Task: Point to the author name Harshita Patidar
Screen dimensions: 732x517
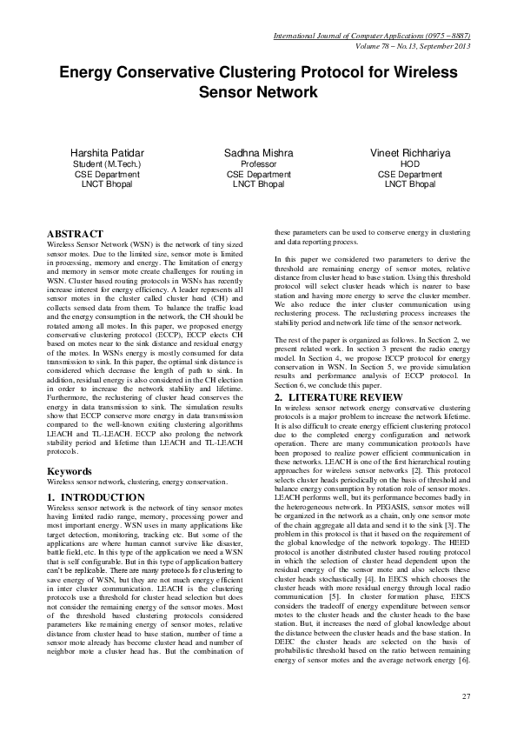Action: pos(108,153)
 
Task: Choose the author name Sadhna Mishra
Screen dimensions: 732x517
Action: pos(258,153)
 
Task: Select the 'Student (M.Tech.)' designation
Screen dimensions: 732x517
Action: pos(108,163)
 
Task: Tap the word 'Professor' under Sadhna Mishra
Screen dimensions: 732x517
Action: pos(258,163)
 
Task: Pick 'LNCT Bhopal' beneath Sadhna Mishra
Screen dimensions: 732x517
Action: pos(258,184)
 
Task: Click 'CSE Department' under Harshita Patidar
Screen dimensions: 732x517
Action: pos(108,174)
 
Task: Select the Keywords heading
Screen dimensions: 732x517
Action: pos(74,471)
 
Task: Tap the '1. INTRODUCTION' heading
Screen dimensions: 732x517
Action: pos(96,497)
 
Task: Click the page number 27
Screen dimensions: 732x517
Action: pos(465,696)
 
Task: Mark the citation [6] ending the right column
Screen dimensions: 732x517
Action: pos(465,661)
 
